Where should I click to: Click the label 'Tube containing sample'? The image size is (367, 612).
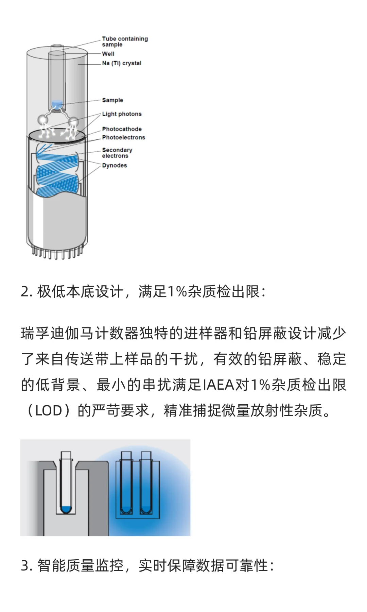coord(124,41)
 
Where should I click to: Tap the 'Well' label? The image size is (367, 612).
coord(108,54)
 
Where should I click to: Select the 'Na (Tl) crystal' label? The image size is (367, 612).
coord(122,63)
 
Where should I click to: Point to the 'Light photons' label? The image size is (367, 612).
coord(122,114)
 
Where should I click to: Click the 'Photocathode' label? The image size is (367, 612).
coord(122,129)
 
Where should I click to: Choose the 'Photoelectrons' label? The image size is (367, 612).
coord(123,137)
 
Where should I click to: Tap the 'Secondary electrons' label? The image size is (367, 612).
coord(117,153)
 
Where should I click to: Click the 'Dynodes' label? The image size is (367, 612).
coord(115,166)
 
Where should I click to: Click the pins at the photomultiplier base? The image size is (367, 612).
coord(57,253)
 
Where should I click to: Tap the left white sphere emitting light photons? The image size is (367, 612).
coord(43,120)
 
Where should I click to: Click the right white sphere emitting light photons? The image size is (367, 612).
coord(73,122)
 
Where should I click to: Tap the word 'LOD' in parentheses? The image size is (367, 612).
coord(49,411)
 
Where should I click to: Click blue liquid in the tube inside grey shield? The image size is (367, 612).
coord(66,509)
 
